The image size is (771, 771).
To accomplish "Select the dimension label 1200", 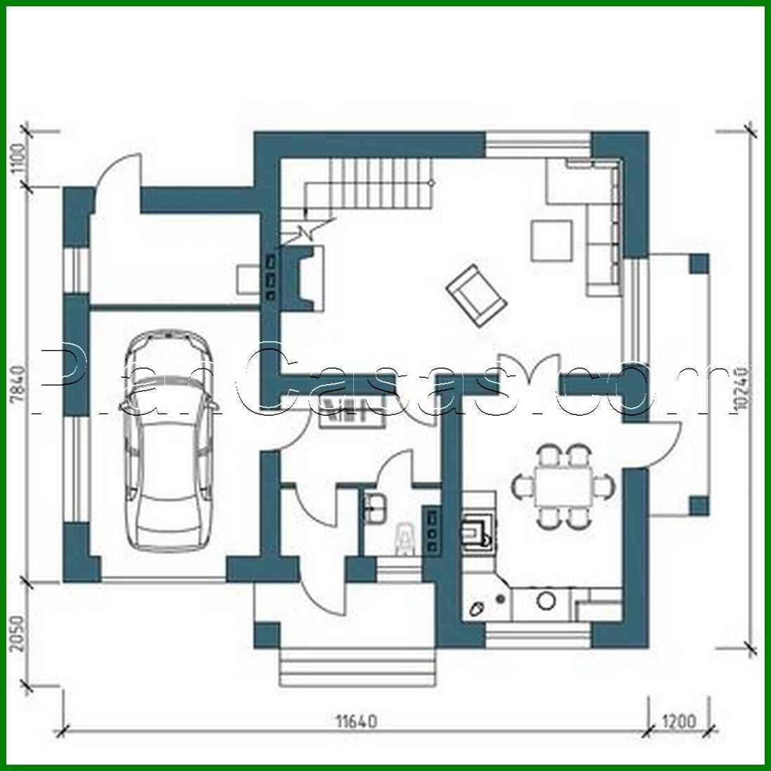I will pyautogui.click(x=678, y=722).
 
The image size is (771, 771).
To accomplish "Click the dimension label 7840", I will pyautogui.click(x=20, y=383).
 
